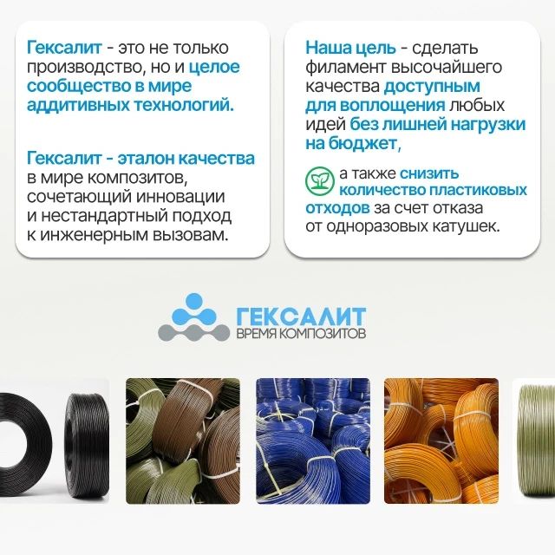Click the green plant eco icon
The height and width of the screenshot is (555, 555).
[x=320, y=181]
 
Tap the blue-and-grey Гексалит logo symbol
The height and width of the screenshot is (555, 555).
[x=193, y=317]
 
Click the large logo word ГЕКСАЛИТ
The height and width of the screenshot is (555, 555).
[x=301, y=317]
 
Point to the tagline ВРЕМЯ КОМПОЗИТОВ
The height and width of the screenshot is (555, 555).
[x=301, y=334]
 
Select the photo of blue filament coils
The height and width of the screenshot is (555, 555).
[x=313, y=441]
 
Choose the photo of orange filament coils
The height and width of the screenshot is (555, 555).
[x=441, y=441]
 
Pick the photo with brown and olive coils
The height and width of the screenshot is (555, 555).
[x=183, y=441]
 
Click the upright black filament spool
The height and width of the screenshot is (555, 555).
[x=87, y=441]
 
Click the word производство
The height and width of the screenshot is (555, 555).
[x=85, y=68]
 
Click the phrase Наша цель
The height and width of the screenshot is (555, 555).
[x=350, y=48]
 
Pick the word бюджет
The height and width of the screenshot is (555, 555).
[x=364, y=143]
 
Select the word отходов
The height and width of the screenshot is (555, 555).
[x=337, y=208]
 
